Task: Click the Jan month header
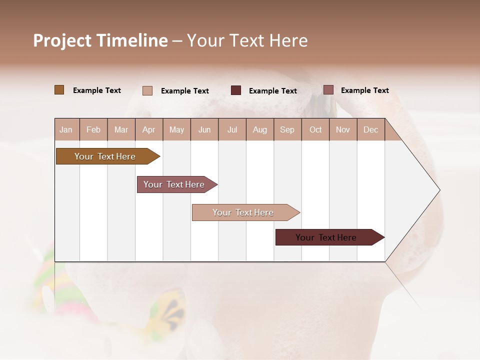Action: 66,129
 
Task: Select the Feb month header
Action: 93,129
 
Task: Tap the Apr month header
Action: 148,129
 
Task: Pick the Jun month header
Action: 204,129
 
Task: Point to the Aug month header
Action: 259,129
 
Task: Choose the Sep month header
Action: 287,129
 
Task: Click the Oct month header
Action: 315,129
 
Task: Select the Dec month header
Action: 370,129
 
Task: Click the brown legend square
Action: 59,90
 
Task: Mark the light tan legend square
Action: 147,90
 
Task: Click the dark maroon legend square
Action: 236,90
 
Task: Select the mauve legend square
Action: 328,90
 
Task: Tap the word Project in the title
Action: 62,40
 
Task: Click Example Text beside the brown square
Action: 97,90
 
